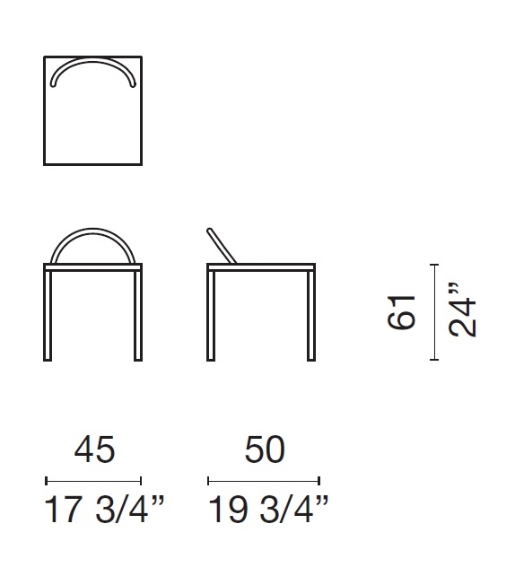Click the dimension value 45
(x=93, y=449)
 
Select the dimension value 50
(x=264, y=449)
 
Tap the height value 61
(x=403, y=311)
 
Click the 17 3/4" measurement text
(x=104, y=512)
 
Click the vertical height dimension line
(x=434, y=311)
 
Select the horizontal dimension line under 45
(x=93, y=480)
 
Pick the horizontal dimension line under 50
(x=264, y=480)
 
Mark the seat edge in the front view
(x=93, y=266)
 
